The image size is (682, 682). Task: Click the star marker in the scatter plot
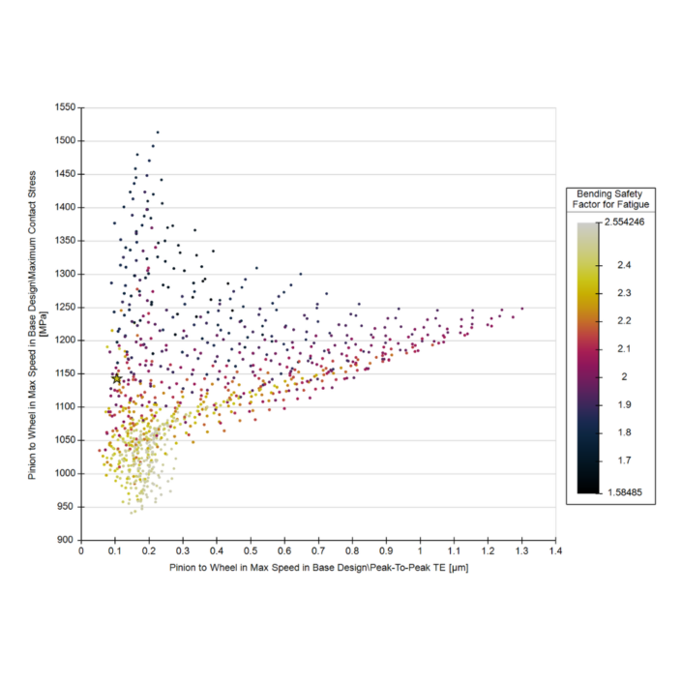coord(117,378)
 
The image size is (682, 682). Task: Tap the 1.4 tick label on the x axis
coord(555,551)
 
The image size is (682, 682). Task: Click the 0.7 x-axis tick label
coord(318,551)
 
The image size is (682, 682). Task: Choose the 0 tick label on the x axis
coord(82,551)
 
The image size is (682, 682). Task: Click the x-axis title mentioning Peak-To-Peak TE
coord(318,567)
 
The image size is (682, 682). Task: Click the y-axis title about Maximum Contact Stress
coord(38,323)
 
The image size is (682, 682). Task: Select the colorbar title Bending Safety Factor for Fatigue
coord(611,199)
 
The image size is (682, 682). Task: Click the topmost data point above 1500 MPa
coord(157,133)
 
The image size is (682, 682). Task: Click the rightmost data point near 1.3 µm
coord(522,309)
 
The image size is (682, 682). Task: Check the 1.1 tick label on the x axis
coord(454,551)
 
